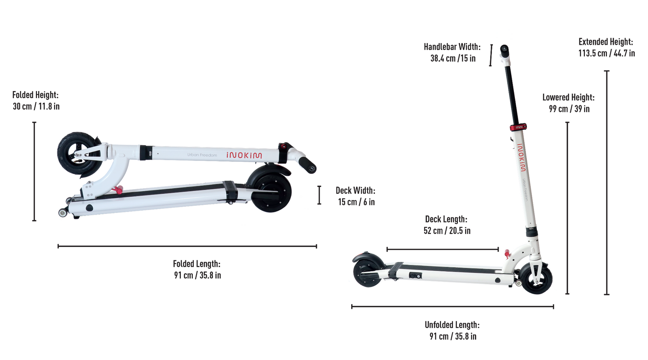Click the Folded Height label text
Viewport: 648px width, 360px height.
[x=36, y=100]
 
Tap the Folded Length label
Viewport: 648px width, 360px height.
[x=197, y=269]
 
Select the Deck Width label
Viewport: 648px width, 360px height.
[x=356, y=196]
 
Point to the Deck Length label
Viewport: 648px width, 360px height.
[x=447, y=225]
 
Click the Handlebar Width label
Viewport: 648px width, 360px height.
[x=452, y=52]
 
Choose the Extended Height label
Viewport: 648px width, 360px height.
[x=607, y=48]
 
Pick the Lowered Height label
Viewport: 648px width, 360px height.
[x=569, y=103]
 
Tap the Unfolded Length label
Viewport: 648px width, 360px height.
[x=452, y=330]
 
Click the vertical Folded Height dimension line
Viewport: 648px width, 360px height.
[x=34, y=171]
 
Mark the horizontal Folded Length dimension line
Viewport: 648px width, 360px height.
[x=187, y=247]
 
